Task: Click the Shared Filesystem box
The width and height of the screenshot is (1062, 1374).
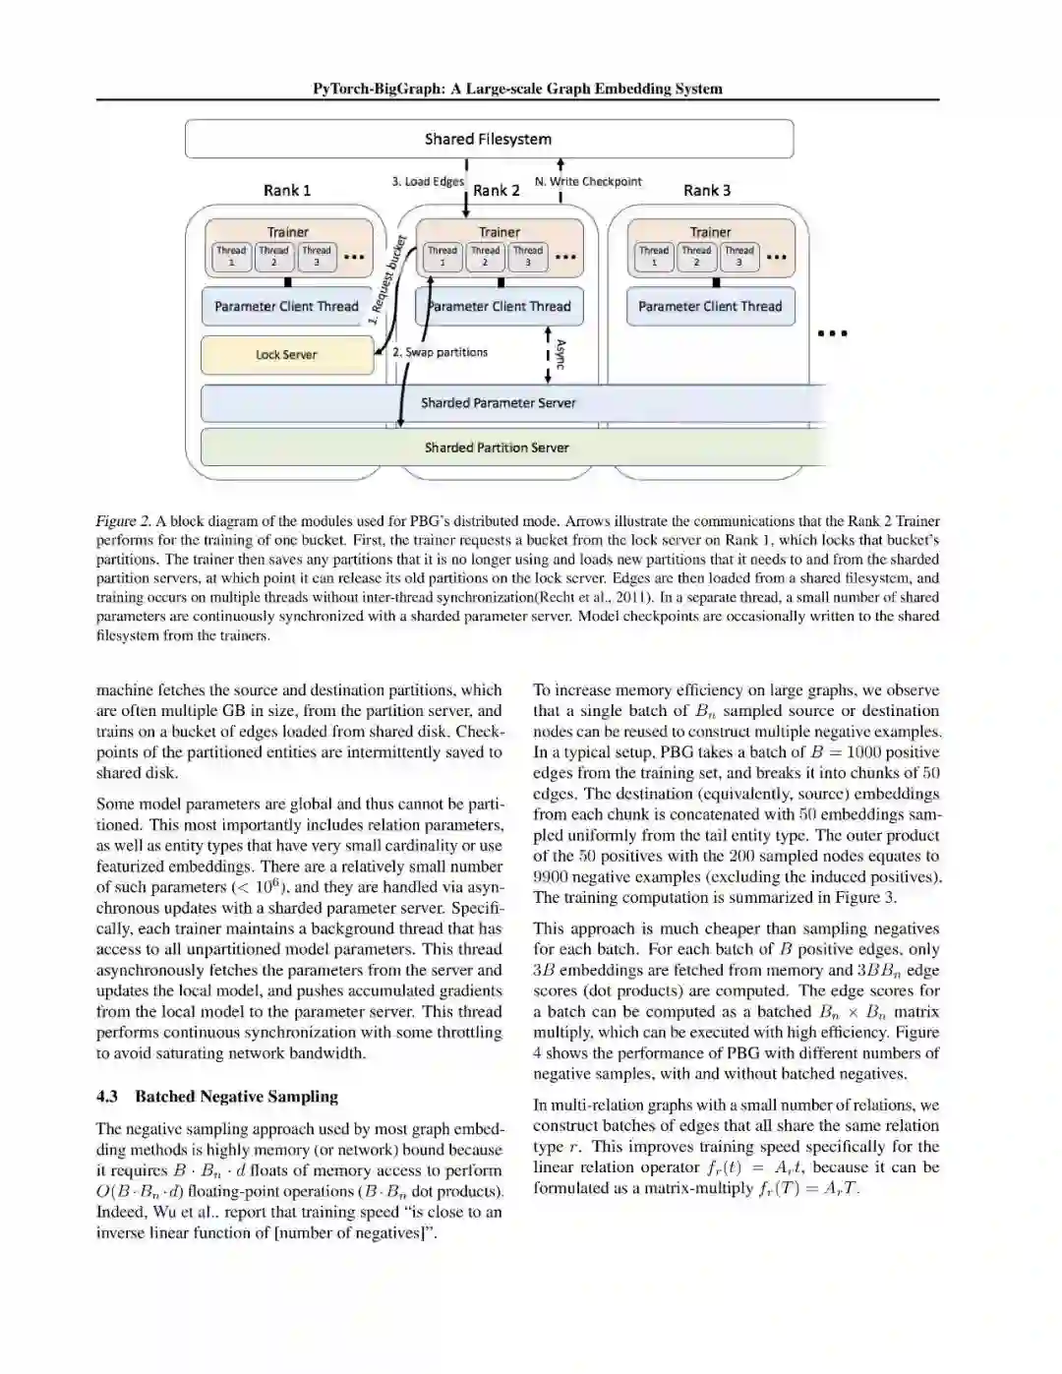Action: pos(489,139)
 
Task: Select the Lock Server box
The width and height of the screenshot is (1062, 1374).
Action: pos(286,355)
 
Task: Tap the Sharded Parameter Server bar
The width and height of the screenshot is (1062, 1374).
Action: pos(499,403)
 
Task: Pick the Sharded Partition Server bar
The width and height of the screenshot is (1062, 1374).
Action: pos(497,448)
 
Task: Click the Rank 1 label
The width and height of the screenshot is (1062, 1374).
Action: pos(287,190)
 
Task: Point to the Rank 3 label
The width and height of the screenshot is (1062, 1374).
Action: pos(707,190)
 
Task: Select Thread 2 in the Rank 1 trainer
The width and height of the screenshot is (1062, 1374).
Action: pos(273,257)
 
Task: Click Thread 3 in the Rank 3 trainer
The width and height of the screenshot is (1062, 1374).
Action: pos(739,257)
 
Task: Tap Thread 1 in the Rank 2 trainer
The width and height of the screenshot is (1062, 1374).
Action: pos(442,257)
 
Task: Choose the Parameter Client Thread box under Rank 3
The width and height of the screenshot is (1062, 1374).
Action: pos(710,307)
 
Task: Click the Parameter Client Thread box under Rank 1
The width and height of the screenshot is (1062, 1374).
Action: pos(286,307)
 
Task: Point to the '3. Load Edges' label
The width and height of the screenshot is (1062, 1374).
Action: pos(428,182)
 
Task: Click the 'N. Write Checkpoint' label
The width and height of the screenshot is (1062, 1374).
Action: pos(588,182)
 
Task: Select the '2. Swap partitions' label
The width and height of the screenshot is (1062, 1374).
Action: pos(440,352)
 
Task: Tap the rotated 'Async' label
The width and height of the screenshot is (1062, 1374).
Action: pos(560,354)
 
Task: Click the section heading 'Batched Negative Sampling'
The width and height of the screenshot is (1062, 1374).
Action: pos(236,1097)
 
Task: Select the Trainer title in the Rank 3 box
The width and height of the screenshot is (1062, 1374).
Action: pos(710,232)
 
